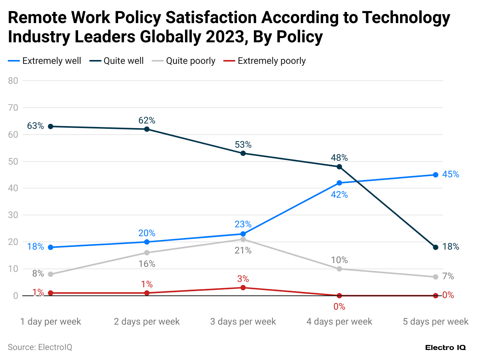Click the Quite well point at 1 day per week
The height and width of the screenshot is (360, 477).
tap(50, 127)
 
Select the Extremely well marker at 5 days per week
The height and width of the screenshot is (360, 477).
tap(435, 175)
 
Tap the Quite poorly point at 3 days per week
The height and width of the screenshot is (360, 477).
tap(243, 239)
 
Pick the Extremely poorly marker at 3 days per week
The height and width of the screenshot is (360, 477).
tap(243, 288)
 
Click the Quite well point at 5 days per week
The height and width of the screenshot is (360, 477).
tap(435, 247)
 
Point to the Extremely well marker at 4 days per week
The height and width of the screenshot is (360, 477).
tap(339, 183)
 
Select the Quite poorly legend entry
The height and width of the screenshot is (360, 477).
tap(190, 61)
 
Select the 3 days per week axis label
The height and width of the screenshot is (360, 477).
tap(243, 322)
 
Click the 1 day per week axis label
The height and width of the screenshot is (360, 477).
tap(51, 322)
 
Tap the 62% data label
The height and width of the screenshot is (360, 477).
tap(147, 120)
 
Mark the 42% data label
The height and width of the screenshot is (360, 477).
tap(339, 195)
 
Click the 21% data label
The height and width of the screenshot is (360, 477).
tap(243, 251)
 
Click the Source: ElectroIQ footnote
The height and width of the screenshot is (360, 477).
tap(40, 347)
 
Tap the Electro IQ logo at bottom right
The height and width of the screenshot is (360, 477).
tap(445, 347)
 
